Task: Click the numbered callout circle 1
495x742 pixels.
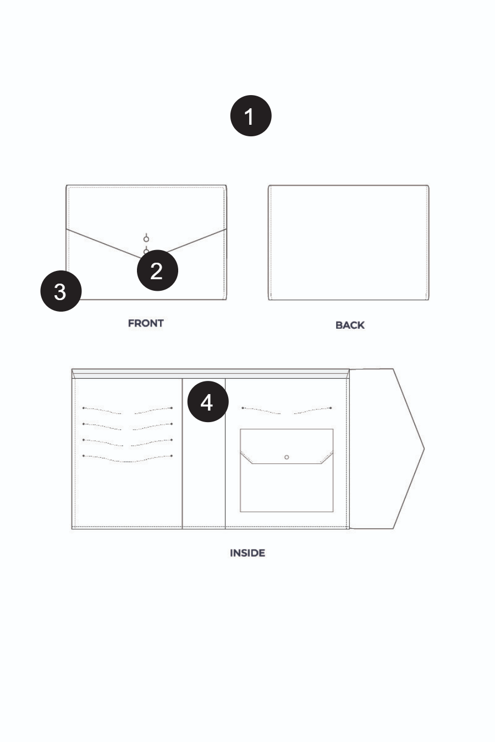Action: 251,115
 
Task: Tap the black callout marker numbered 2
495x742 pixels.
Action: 157,270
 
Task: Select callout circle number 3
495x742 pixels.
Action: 61,291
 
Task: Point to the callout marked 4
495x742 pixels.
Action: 208,401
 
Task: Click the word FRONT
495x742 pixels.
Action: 146,323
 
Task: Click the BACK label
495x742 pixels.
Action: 350,325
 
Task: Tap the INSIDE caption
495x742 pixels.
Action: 248,553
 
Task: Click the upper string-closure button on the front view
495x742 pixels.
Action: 146,239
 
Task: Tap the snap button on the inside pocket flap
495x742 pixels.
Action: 287,457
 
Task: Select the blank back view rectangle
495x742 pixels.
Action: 349,242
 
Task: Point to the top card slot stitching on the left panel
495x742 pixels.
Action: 128,411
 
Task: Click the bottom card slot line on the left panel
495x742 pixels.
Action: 128,459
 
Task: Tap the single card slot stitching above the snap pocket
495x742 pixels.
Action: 287,411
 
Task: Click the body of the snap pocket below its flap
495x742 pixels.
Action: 287,488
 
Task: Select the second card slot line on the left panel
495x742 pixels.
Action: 128,427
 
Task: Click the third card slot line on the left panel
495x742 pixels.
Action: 128,443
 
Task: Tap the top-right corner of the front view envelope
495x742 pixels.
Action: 227,186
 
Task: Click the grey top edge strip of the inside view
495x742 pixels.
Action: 211,374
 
